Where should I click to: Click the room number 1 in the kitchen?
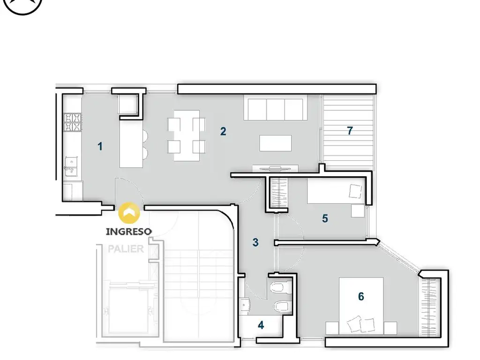tap(100, 146)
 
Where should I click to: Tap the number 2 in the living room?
tap(223, 131)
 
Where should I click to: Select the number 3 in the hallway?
tap(255, 242)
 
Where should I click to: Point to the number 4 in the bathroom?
tap(261, 325)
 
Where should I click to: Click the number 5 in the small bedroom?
tap(325, 218)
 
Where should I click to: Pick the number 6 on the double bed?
tap(361, 296)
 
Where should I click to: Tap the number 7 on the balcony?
tap(350, 131)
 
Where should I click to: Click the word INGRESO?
tap(129, 232)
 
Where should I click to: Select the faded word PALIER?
tap(126, 249)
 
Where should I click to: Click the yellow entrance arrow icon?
tap(129, 212)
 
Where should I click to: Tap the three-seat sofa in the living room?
tap(276, 107)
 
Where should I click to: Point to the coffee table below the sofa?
tap(276, 143)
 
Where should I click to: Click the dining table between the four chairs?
tap(187, 135)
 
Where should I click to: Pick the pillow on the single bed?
tap(355, 191)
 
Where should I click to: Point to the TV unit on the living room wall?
tap(276, 168)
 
